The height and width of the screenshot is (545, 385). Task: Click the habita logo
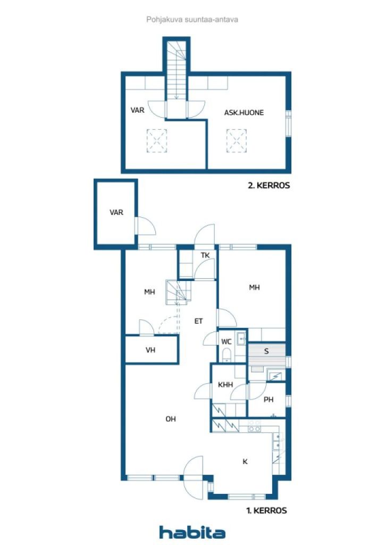coord(192,532)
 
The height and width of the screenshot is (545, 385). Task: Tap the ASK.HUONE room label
coord(244,113)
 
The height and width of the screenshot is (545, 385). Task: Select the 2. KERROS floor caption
coord(269,185)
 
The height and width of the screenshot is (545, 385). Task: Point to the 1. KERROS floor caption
coord(266,510)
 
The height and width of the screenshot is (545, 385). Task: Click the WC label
coord(227,342)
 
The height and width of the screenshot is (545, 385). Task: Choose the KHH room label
coord(225,385)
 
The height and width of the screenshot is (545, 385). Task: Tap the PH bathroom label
coord(269,400)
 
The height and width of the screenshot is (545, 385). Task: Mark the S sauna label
coord(266,351)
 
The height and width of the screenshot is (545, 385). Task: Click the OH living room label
coord(171,419)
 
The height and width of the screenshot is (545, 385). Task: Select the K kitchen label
coord(245,461)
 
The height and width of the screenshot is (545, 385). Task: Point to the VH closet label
coord(150,350)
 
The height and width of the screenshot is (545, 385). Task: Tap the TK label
coord(205,255)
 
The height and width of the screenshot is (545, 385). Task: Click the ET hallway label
coord(198,321)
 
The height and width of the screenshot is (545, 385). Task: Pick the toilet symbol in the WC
coord(227,356)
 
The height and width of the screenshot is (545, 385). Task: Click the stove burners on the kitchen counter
coord(254,426)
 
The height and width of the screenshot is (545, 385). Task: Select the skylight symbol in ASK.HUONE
coord(237,141)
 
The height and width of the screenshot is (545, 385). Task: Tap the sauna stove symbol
coord(277,376)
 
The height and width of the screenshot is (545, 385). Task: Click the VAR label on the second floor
coord(137,110)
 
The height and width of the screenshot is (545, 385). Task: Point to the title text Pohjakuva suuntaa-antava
coord(192,20)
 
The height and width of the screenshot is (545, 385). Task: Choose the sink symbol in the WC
coord(241,338)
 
